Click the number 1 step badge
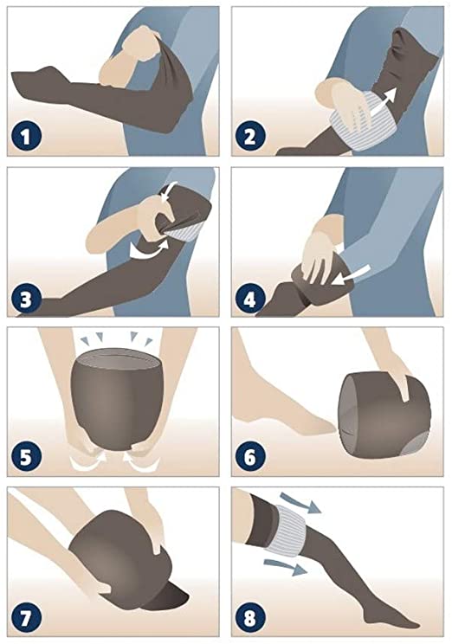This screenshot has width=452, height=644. [26, 137]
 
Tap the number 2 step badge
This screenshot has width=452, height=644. [250, 137]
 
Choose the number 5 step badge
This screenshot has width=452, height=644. [26, 457]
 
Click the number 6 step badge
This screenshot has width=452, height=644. [250, 457]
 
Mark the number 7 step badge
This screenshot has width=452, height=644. [26, 617]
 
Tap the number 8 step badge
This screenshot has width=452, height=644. [250, 617]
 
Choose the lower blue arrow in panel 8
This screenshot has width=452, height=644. [286, 567]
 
